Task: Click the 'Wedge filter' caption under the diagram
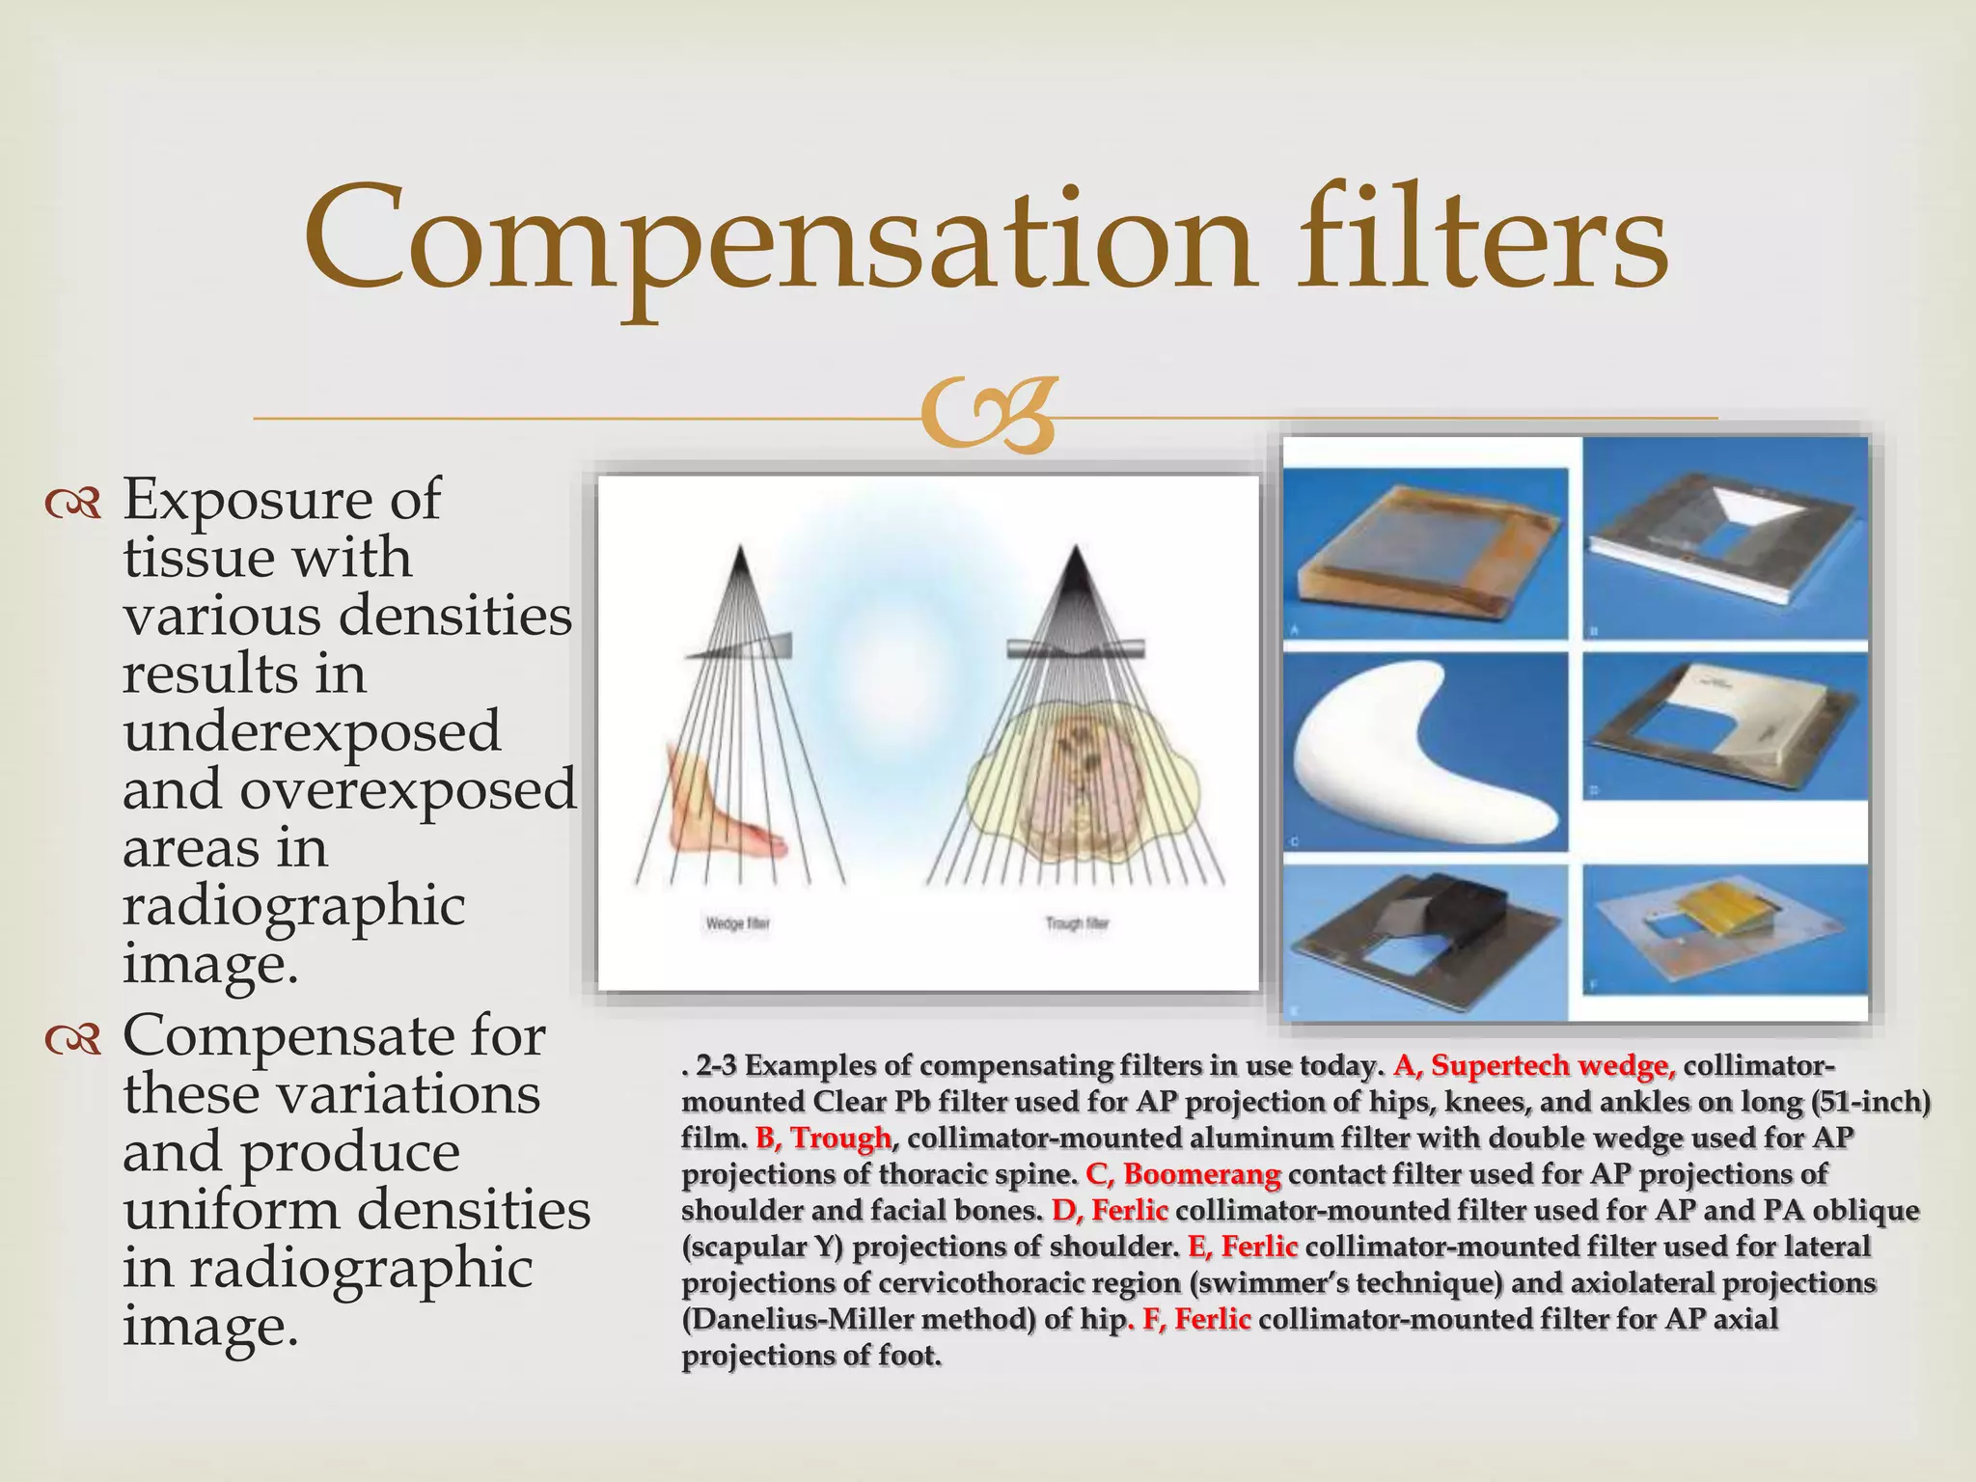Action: (737, 923)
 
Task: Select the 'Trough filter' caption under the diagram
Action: (1077, 923)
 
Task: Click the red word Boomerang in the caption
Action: (1201, 1174)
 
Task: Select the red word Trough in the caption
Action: (840, 1139)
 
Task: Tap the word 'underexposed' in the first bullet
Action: (312, 731)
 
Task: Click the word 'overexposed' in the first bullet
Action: (407, 789)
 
